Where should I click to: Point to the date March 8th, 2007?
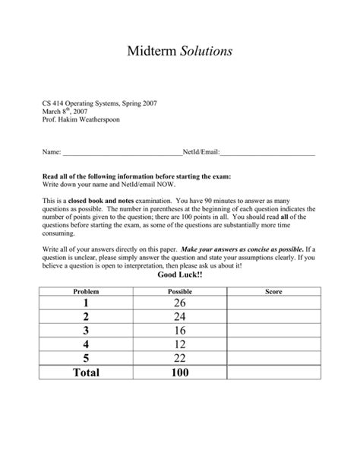66,111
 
